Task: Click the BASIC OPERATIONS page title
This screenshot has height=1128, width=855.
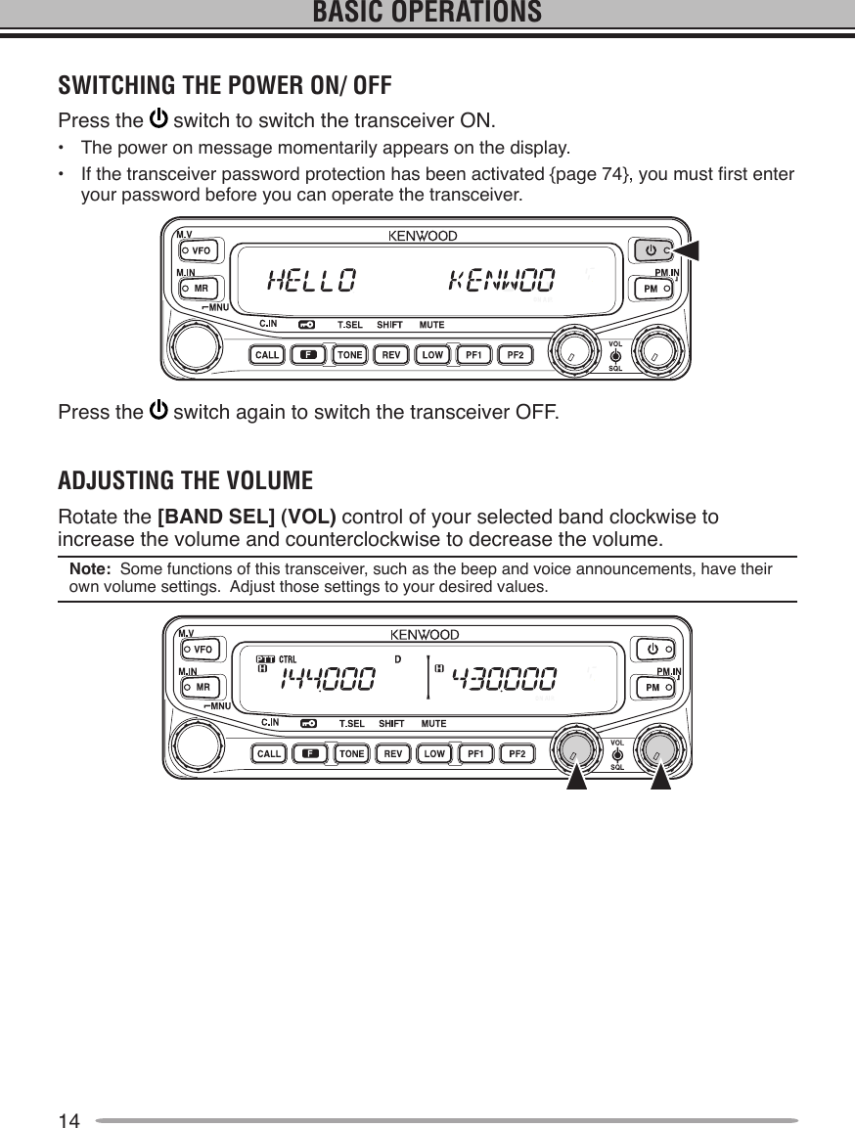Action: click(427, 13)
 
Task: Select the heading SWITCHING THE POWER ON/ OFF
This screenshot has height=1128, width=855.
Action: click(225, 85)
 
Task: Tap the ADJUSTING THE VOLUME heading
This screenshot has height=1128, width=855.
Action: click(186, 481)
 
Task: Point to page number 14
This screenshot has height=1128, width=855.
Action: click(68, 1120)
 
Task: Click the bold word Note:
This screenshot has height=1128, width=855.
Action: click(89, 569)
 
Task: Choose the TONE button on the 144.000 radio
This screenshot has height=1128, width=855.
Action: click(351, 753)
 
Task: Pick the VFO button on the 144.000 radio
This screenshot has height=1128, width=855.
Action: click(202, 649)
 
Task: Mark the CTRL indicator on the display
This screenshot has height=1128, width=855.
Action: click(288, 658)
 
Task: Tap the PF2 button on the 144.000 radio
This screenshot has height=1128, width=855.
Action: click(516, 753)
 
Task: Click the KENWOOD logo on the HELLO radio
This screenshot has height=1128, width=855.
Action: click(423, 236)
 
